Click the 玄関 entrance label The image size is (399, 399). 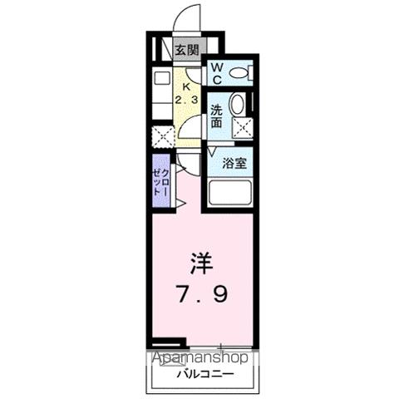(x=186, y=50)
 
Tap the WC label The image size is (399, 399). (x=214, y=74)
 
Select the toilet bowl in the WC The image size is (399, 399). (x=238, y=73)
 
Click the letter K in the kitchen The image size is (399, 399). (x=186, y=86)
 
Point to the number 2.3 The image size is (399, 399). (x=186, y=100)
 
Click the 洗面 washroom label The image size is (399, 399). (x=215, y=116)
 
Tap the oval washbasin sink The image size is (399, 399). (x=237, y=106)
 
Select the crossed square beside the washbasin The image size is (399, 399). (x=242, y=127)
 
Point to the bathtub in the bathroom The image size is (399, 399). (x=229, y=194)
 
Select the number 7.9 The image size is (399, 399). (x=202, y=293)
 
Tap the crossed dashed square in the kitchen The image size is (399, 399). (x=161, y=136)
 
